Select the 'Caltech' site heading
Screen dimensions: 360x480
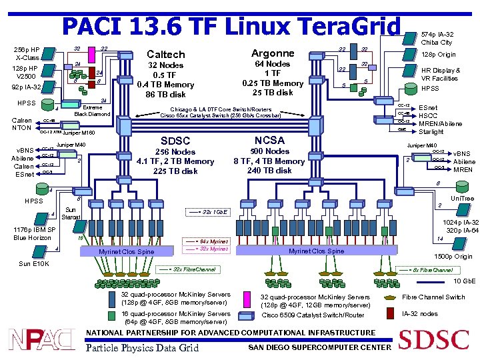pyautogui.click(x=166, y=53)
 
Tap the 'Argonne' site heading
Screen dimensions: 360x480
pyautogui.click(x=273, y=53)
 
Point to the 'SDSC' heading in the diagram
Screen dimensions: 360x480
pyautogui.click(x=175, y=141)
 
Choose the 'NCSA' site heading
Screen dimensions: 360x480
pyautogui.click(x=269, y=140)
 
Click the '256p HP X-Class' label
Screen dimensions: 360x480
pyautogui.click(x=27, y=53)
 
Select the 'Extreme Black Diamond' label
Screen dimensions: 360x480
pyautogui.click(x=92, y=110)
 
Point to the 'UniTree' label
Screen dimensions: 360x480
pyautogui.click(x=462, y=199)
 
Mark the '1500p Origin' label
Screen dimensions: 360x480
pyautogui.click(x=453, y=256)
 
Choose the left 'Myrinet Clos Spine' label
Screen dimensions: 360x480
pyautogui.click(x=126, y=251)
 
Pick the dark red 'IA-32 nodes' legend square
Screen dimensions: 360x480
pyautogui.click(x=390, y=313)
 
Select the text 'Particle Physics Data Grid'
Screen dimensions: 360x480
pyautogui.click(x=143, y=347)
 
